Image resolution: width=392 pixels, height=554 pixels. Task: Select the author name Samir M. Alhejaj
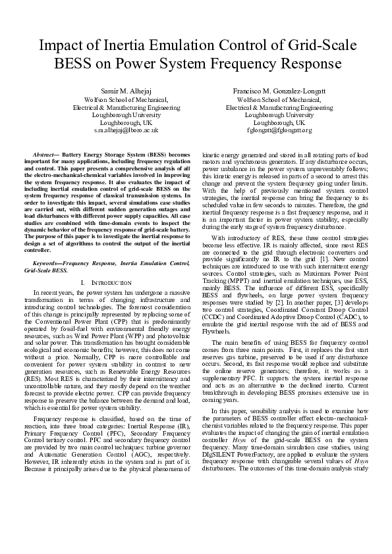126,91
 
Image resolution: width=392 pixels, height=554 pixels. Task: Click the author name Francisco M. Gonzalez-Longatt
279,91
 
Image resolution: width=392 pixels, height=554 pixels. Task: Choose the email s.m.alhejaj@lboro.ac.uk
126,130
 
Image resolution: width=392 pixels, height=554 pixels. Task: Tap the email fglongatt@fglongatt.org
279,130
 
